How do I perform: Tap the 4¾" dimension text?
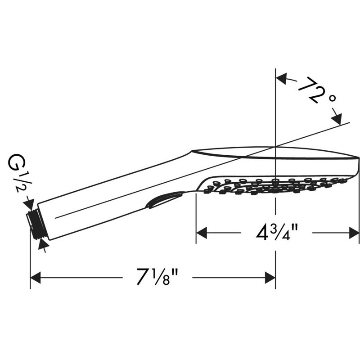pyautogui.click(x=277, y=233)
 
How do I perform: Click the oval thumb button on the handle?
pyautogui.click(x=165, y=200)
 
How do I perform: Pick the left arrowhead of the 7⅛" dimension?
pyautogui.click(x=36, y=278)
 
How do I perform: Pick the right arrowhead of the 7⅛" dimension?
pyautogui.click(x=270, y=278)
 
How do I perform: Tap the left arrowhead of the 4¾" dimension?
pyautogui.click(x=202, y=233)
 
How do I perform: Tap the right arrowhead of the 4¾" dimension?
pyautogui.click(x=354, y=233)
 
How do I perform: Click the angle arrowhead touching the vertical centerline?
pyautogui.click(x=281, y=79)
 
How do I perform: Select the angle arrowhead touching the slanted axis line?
pyautogui.click(x=337, y=119)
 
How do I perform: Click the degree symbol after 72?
pyautogui.click(x=332, y=98)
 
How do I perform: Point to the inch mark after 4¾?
pyautogui.click(x=295, y=228)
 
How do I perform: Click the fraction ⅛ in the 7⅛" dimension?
pyautogui.click(x=162, y=277)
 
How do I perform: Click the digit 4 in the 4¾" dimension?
pyautogui.click(x=262, y=233)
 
